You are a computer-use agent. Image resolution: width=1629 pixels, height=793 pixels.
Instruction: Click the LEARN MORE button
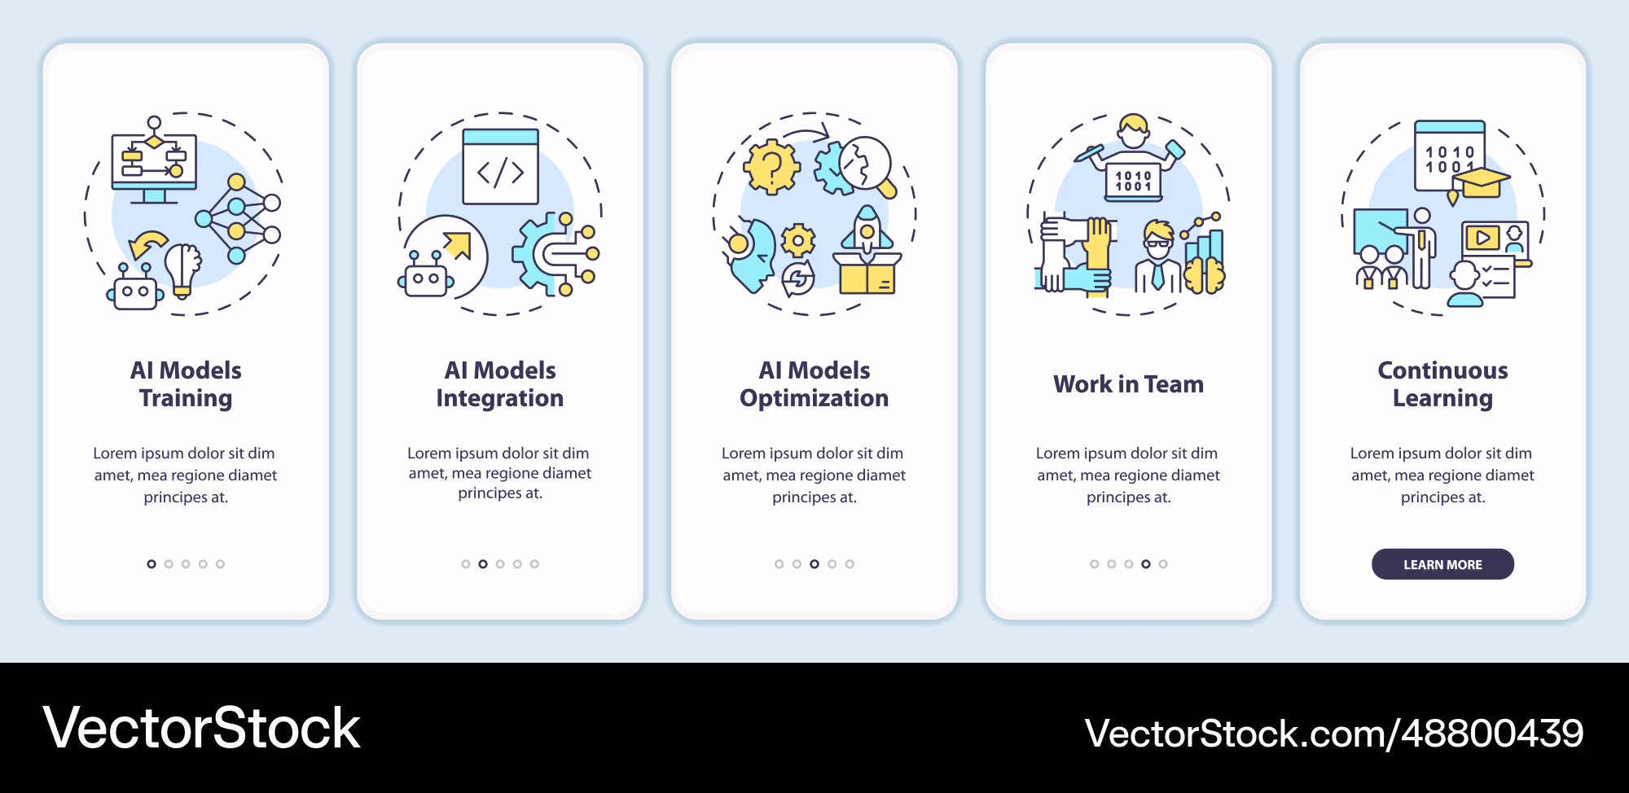point(1442,564)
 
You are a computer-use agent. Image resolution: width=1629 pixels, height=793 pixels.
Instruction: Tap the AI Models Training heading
point(186,384)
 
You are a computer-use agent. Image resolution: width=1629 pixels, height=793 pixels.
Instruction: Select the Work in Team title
point(1128,384)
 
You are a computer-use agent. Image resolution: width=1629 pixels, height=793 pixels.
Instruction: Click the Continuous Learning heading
point(1442,384)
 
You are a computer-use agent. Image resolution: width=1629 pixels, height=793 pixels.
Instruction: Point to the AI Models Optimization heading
point(814,384)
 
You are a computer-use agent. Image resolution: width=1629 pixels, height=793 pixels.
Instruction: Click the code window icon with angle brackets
point(500,166)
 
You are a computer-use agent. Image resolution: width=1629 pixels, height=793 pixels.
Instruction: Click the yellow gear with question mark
point(771,167)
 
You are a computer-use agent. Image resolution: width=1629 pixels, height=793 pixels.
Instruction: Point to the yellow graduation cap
point(1482,184)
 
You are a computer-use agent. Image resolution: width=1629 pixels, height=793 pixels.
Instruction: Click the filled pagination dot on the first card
point(151,564)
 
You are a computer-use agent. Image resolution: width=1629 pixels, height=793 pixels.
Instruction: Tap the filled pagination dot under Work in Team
point(1146,564)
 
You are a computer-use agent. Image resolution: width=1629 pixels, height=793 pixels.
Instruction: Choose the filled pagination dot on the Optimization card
point(814,564)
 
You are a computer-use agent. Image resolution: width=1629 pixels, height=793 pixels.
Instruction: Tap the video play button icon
point(1482,238)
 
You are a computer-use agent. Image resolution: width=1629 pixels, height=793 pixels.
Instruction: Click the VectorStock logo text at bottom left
point(201,728)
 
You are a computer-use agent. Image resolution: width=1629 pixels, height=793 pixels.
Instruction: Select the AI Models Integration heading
point(500,384)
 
